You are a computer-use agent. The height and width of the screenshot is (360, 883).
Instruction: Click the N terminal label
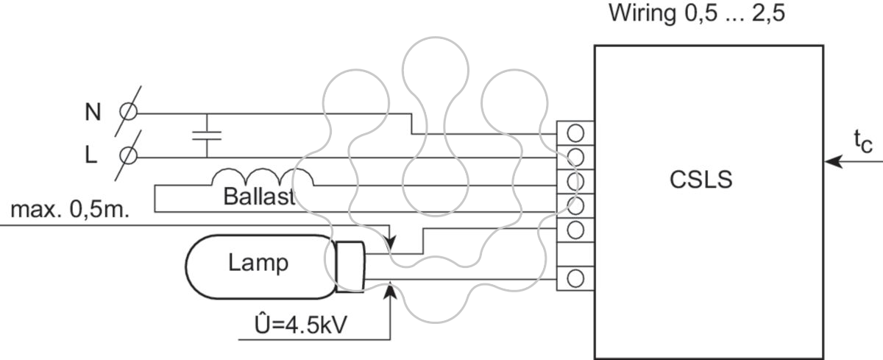[93, 112]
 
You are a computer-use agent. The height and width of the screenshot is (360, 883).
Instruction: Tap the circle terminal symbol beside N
[129, 112]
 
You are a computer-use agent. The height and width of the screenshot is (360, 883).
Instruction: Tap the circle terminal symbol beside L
[129, 155]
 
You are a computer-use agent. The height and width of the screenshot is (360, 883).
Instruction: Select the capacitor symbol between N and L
[207, 135]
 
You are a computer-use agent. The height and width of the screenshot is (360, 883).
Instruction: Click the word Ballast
[259, 197]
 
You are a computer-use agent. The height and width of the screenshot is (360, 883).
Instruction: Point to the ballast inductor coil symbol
[263, 177]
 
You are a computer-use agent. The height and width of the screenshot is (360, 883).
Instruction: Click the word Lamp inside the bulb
[258, 263]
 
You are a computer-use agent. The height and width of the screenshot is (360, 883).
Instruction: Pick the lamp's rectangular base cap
[350, 267]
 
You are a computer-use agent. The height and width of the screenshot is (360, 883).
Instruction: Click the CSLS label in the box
[701, 180]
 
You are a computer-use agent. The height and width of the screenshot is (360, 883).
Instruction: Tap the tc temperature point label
[863, 142]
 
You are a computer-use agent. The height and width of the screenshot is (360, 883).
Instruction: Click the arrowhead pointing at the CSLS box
[833, 162]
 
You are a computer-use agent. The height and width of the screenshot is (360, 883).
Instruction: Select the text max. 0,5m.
[70, 209]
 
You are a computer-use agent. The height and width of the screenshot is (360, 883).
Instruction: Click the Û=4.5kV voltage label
[301, 325]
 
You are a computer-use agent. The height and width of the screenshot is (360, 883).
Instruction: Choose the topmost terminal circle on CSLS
[575, 133]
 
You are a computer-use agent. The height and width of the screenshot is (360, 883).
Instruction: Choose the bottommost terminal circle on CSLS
[575, 279]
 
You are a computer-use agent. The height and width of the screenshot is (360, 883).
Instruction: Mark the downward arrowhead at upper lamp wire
[390, 241]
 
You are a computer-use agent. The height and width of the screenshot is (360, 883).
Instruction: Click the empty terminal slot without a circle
[575, 254]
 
